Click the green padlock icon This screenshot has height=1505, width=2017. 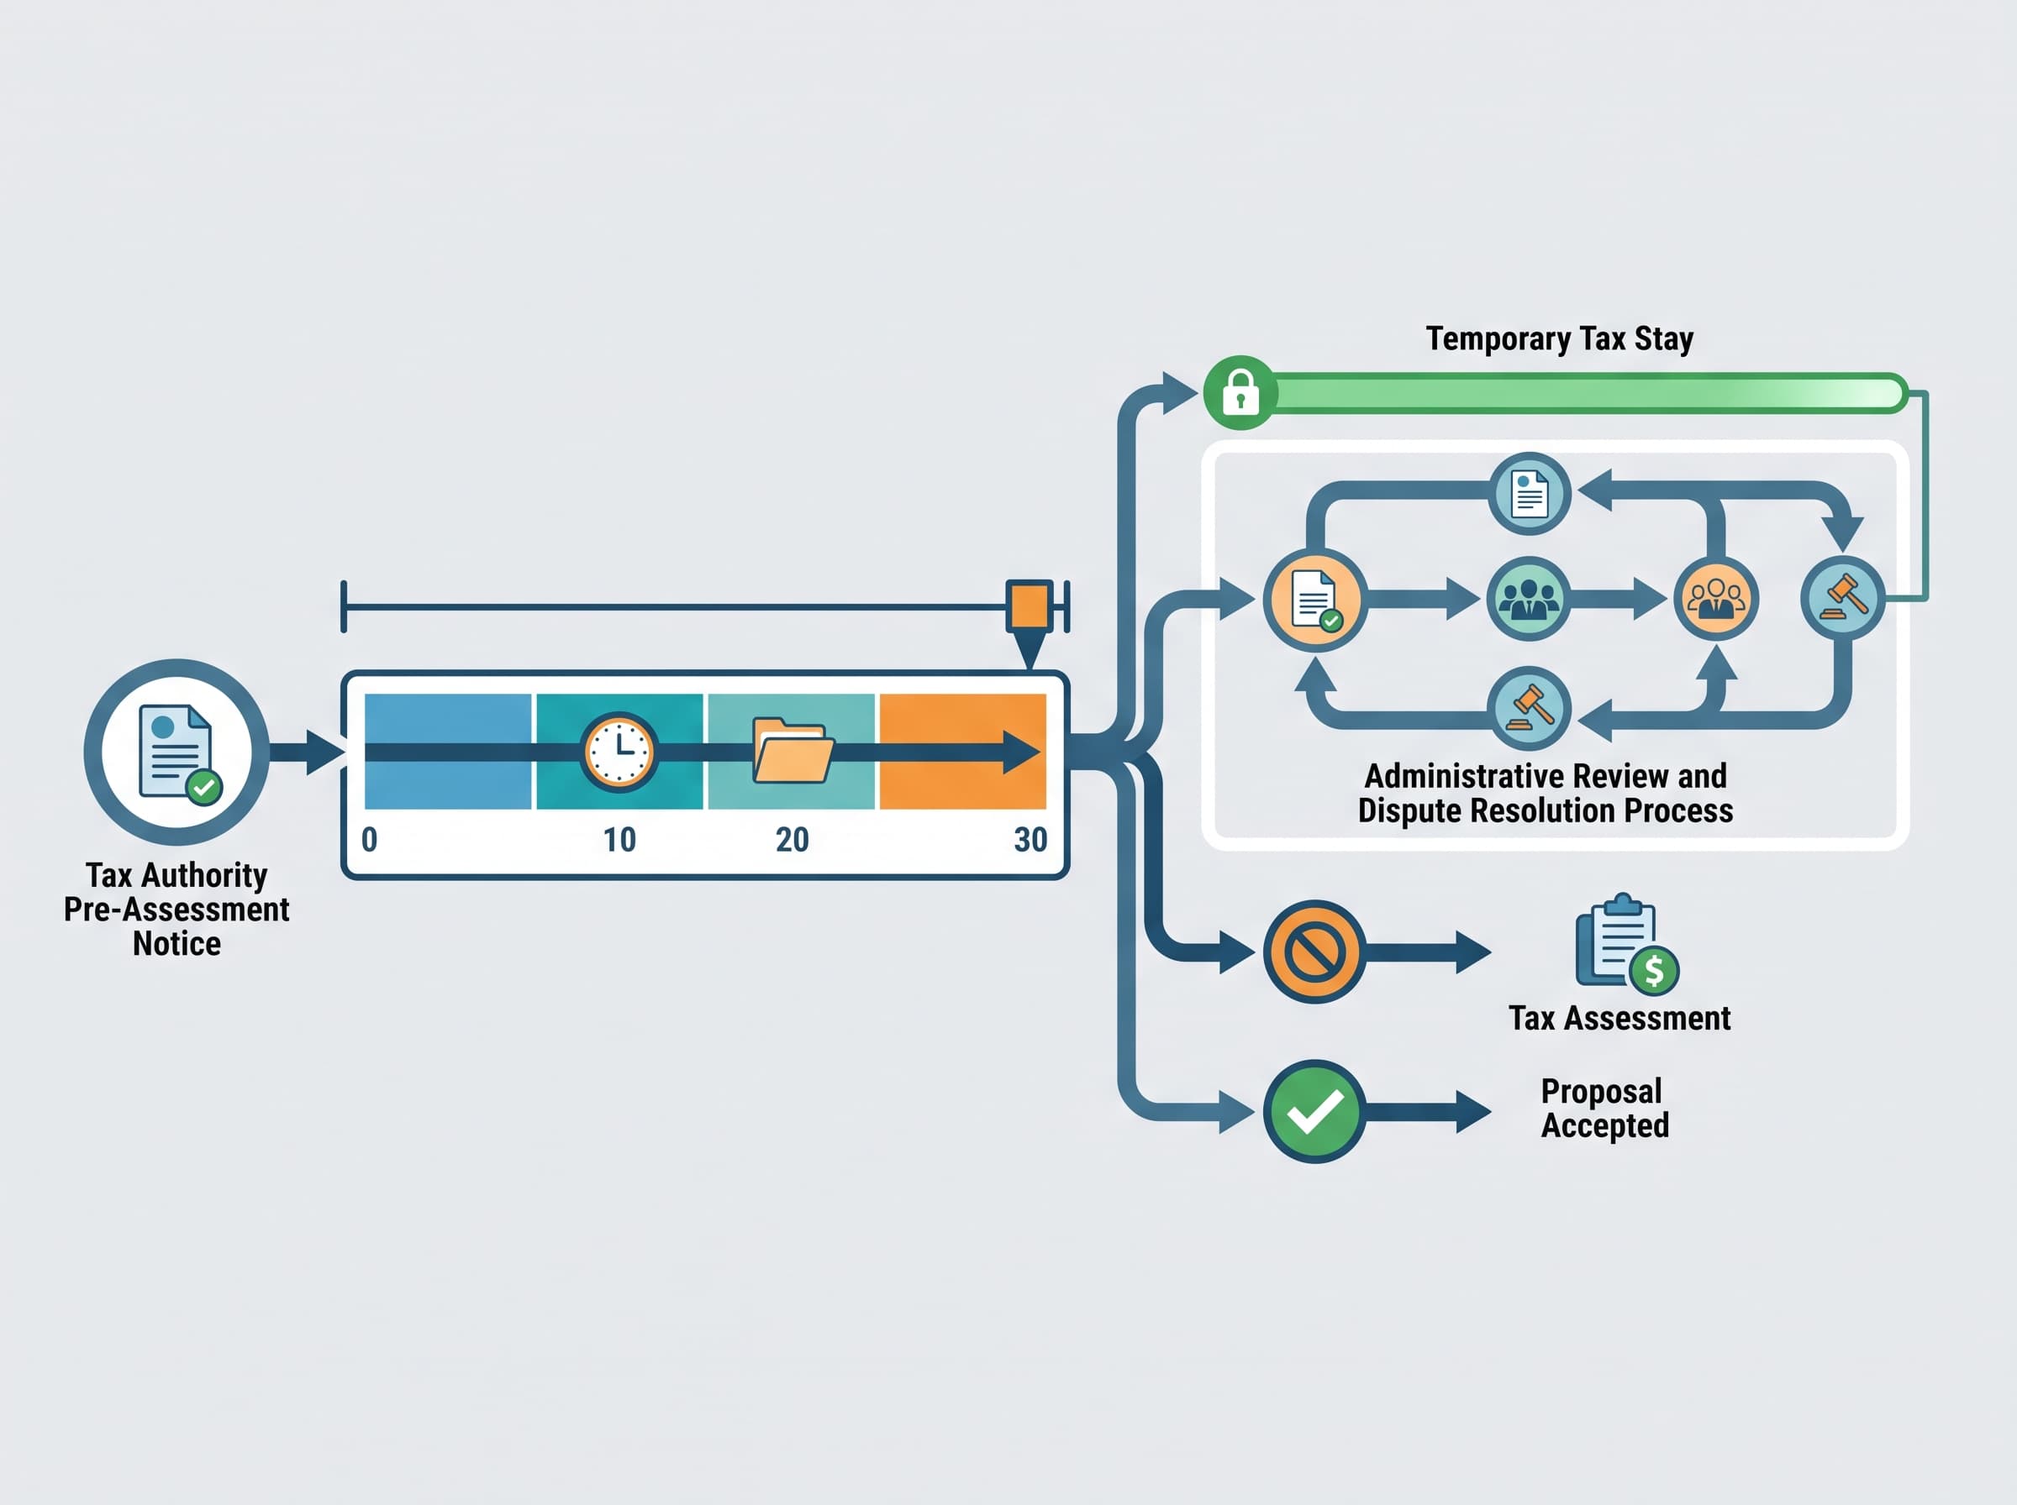pos(1240,393)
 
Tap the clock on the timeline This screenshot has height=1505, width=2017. pos(619,752)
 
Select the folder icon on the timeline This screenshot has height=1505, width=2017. pos(792,751)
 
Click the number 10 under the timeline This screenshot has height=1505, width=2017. pos(619,839)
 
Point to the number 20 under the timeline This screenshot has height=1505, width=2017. pos(792,839)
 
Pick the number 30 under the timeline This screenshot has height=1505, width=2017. pos(1031,839)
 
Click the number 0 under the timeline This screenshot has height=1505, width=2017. pos(369,839)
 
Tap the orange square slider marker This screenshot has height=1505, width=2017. pos(1030,606)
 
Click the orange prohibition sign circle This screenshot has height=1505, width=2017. pos(1314,952)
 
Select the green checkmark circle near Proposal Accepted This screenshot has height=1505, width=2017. pos(1314,1111)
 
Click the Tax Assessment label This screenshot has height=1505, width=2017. pos(1619,1018)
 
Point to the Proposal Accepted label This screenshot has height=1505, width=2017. pos(1605,1109)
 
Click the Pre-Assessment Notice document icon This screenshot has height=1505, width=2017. pos(176,752)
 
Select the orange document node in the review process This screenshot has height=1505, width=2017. pos(1314,599)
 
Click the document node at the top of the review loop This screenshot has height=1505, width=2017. pos(1530,494)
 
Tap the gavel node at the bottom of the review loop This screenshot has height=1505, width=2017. pos(1530,708)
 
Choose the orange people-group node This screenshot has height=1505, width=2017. pos(1716,599)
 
